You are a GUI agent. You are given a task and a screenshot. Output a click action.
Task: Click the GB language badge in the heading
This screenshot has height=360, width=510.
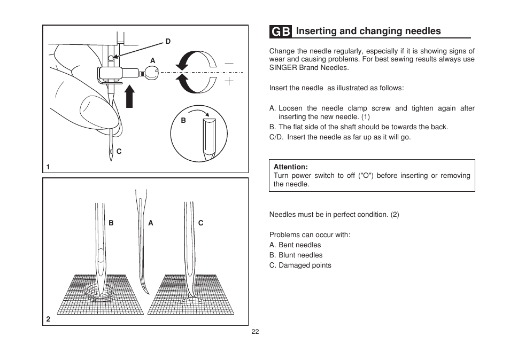(x=281, y=32)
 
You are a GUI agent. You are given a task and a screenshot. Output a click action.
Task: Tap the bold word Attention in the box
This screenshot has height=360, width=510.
(x=290, y=167)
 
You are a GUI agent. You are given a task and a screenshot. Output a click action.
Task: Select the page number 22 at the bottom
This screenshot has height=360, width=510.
(x=255, y=332)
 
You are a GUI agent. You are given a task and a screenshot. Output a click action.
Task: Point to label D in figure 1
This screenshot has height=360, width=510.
(x=167, y=41)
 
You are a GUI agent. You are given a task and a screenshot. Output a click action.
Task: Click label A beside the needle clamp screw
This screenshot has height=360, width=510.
(x=152, y=61)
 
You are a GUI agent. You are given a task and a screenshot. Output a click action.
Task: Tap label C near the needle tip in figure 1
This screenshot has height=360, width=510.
(x=119, y=152)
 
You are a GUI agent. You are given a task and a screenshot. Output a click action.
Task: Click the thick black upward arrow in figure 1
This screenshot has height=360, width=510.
(x=129, y=97)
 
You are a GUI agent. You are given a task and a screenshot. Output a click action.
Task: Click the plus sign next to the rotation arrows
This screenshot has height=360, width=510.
(x=229, y=81)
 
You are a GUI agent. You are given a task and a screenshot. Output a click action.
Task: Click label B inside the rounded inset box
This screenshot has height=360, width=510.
(x=183, y=121)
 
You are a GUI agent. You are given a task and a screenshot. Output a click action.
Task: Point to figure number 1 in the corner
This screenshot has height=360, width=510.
(x=48, y=167)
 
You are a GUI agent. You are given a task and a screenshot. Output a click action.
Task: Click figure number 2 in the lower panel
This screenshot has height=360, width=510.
(x=48, y=319)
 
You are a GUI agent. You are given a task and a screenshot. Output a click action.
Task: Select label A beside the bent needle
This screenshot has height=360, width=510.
(x=151, y=223)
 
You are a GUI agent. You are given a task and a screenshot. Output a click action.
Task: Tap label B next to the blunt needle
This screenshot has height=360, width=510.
(x=111, y=223)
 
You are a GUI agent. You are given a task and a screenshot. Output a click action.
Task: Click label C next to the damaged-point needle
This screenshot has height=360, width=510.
(x=201, y=223)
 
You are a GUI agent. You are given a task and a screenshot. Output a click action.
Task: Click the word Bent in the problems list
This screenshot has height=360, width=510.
(x=287, y=245)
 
